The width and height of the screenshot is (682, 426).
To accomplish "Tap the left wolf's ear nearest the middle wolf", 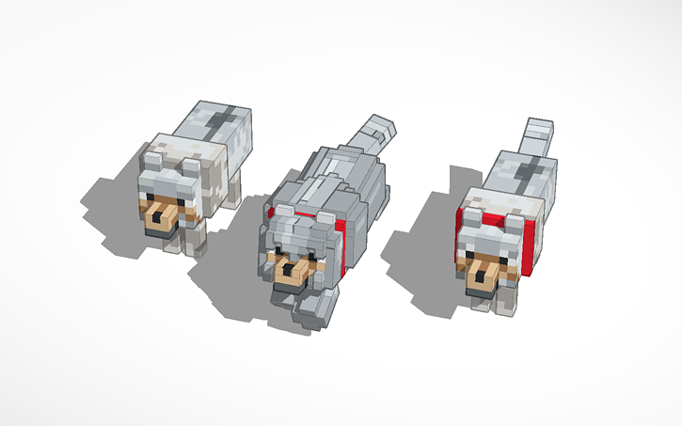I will click(x=192, y=169).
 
